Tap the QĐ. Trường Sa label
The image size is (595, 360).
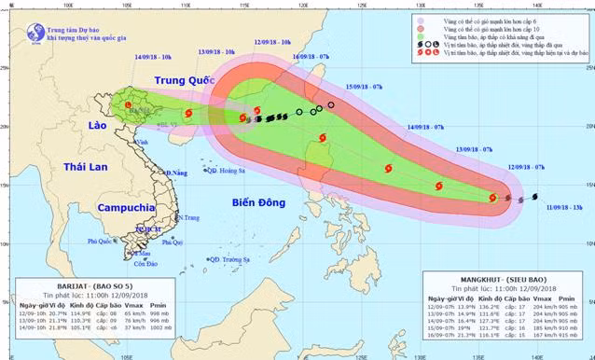pos(228,259)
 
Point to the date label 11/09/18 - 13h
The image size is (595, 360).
pos(563,210)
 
